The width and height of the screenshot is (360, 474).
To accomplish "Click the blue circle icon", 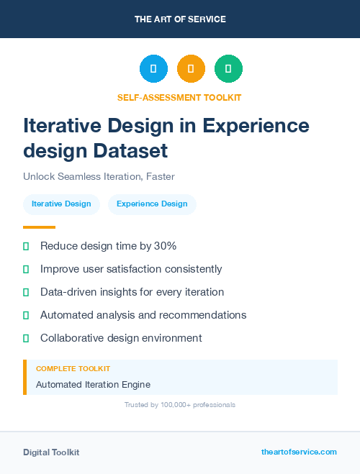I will point(153,68).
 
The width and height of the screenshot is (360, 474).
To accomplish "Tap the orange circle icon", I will point(191,68).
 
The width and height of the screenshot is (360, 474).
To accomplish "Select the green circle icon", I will point(228,68).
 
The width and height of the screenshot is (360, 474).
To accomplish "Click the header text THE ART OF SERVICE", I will point(180,19).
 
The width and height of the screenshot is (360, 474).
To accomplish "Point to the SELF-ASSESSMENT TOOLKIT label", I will point(179,97).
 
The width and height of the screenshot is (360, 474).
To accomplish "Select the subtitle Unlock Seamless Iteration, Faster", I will point(99,176).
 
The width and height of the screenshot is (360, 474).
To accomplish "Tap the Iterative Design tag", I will point(61,204).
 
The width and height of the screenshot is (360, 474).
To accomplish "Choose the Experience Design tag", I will point(152,204).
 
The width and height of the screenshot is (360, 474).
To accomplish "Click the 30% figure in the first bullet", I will point(165,246).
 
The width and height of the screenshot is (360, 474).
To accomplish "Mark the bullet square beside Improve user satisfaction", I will point(26,269).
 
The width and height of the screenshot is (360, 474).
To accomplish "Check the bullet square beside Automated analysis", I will point(26,315).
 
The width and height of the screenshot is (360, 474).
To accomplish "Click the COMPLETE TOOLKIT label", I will point(73,369).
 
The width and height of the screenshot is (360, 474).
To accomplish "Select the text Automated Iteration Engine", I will point(93,385).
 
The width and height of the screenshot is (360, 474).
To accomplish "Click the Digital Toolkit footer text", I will point(51,452).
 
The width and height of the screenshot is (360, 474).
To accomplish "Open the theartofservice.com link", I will point(299,452).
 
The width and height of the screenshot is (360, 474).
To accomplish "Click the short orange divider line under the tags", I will point(39,227).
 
